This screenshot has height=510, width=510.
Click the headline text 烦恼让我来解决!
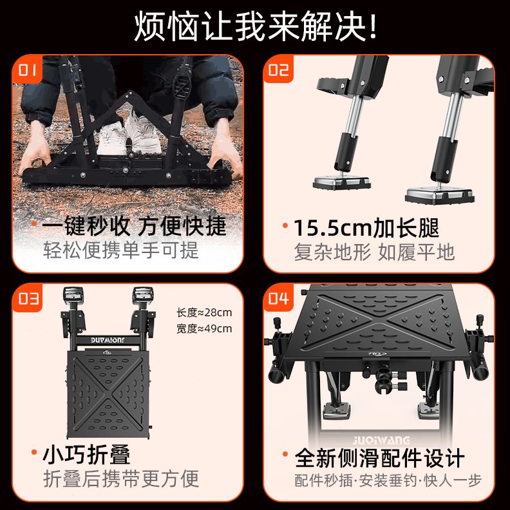[256, 26]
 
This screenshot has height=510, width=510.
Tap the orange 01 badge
[28, 70]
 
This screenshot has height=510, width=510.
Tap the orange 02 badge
[278, 70]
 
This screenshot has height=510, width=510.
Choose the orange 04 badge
[278, 299]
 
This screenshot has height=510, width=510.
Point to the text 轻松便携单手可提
[121, 250]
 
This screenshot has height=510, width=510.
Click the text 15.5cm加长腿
[366, 227]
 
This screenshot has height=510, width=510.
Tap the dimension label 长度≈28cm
[204, 313]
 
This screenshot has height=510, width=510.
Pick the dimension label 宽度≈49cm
[204, 328]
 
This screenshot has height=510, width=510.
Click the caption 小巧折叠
[86, 455]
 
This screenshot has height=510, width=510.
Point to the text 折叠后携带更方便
[121, 478]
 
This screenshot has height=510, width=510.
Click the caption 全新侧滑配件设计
[379, 458]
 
